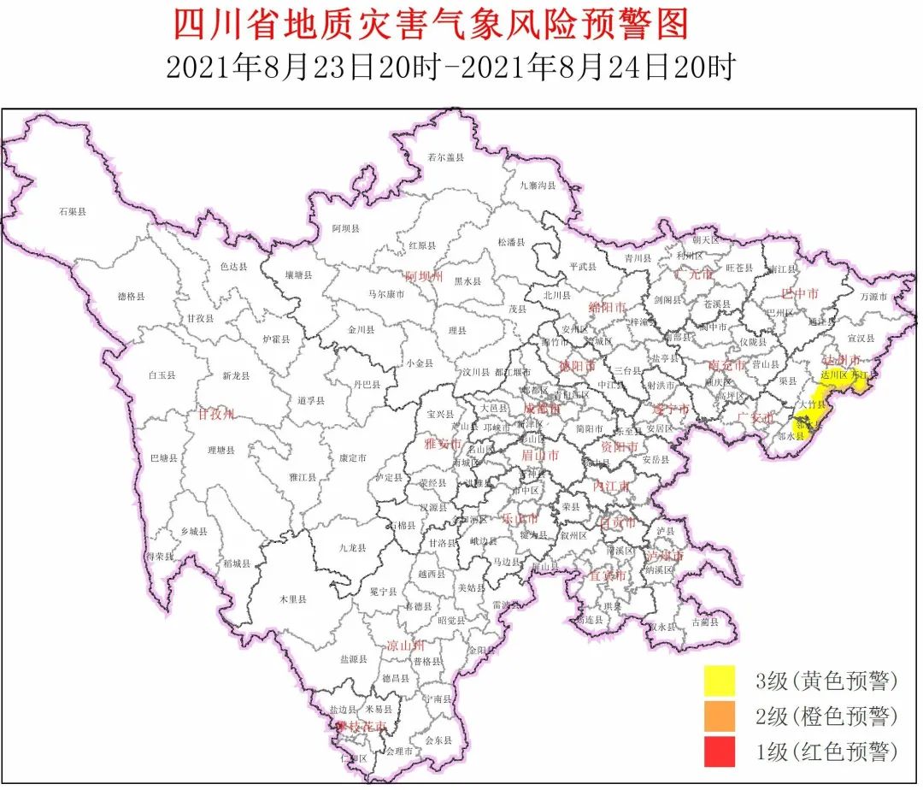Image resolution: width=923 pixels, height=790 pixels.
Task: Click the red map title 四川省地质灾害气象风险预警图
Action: (x=432, y=25)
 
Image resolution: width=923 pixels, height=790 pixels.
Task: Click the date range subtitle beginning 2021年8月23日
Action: (x=450, y=68)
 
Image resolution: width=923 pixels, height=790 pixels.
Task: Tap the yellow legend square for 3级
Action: (x=720, y=681)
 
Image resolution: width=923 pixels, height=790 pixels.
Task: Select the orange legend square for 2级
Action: (x=720, y=716)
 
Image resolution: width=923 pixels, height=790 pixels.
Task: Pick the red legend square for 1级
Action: (x=720, y=752)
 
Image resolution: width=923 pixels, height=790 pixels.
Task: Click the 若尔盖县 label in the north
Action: (x=445, y=157)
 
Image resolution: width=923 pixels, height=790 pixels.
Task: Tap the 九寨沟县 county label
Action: (x=538, y=185)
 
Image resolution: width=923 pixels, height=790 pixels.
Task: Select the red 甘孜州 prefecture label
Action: (x=215, y=415)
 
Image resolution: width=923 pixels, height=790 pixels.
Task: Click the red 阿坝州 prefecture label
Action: (x=425, y=276)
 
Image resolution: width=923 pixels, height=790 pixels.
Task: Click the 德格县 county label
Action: (x=131, y=296)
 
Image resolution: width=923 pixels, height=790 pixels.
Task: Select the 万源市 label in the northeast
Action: (x=873, y=296)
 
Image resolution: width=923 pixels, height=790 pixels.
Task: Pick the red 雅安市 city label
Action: (x=443, y=444)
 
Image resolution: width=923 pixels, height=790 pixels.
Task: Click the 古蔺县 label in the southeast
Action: (x=705, y=622)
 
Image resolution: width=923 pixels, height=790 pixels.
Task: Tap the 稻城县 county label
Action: (x=237, y=563)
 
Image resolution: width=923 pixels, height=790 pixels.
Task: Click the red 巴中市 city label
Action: (x=800, y=293)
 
